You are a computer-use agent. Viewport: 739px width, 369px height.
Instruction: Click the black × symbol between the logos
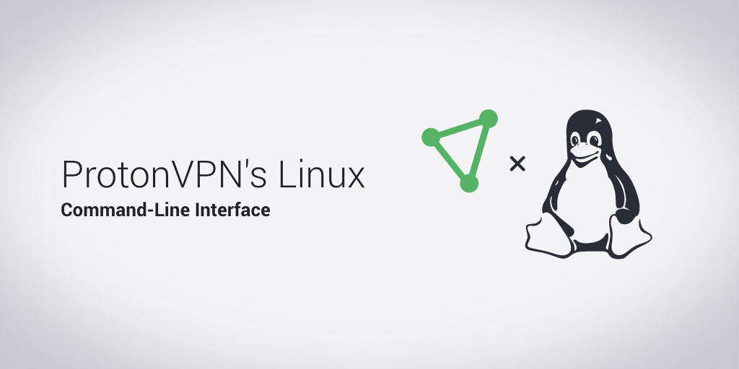point(517,164)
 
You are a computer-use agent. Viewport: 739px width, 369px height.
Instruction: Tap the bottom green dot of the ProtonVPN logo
point(469,183)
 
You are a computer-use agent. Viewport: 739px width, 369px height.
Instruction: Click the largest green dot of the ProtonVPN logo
point(489,118)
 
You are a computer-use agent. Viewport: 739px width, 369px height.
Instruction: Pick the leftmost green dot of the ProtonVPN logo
point(430,136)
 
